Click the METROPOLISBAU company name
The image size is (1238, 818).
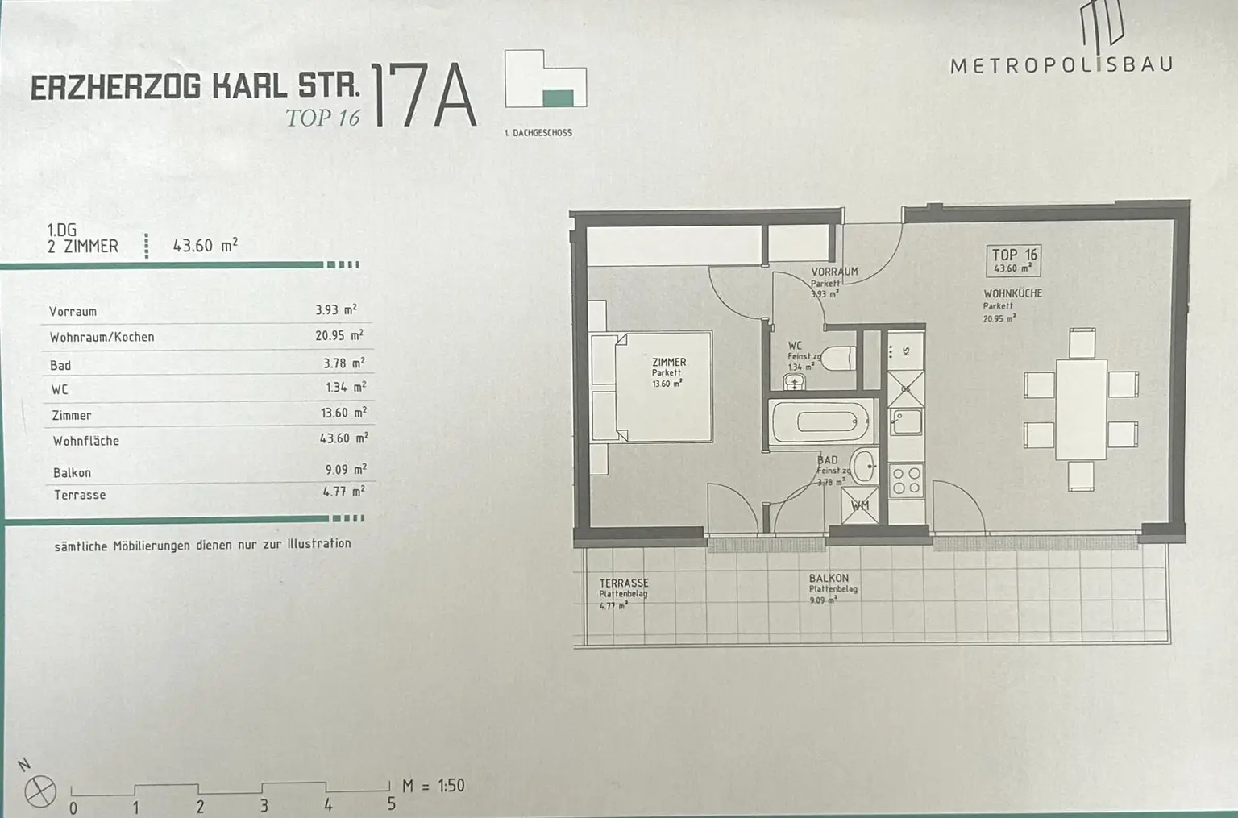1061,65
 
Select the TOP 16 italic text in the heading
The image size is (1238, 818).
322,118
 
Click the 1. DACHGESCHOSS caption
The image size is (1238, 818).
538,132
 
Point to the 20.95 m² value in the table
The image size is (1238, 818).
339,335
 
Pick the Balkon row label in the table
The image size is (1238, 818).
72,473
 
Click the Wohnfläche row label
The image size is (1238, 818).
85,441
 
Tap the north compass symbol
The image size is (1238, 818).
39,791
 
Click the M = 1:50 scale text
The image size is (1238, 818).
433,785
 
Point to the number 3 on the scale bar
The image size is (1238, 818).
264,805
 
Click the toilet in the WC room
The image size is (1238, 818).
839,357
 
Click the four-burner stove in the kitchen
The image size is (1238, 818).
905,480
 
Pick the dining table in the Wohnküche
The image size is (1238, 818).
1081,409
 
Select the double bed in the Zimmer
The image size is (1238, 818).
653,387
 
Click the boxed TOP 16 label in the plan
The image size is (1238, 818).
1014,260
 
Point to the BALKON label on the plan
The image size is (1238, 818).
829,578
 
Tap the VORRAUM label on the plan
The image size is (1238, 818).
834,272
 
